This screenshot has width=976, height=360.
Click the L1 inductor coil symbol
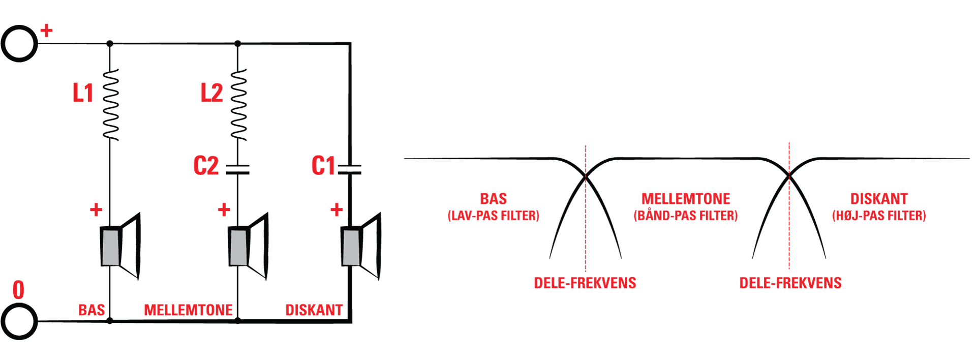[x=110, y=105]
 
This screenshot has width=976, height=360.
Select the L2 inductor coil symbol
[x=238, y=105]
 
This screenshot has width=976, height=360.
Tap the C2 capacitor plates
[x=237, y=169]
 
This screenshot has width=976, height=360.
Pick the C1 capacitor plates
[x=350, y=169]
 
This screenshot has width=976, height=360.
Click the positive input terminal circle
[x=19, y=44]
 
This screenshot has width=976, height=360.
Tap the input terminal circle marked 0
[x=19, y=321]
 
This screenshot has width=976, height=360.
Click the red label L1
[x=83, y=93]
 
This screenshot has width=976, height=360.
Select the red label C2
[x=206, y=166]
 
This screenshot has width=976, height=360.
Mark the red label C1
[x=323, y=166]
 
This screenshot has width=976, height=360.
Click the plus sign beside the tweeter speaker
[x=337, y=209]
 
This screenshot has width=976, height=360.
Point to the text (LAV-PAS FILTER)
[x=493, y=216]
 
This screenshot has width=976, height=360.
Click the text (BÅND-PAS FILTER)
[x=685, y=216]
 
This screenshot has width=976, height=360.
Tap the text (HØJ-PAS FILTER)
[x=879, y=216]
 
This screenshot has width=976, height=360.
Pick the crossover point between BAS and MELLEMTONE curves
[x=586, y=177]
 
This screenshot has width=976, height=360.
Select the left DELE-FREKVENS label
[x=585, y=283]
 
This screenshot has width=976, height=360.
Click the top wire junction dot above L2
[x=237, y=44]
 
